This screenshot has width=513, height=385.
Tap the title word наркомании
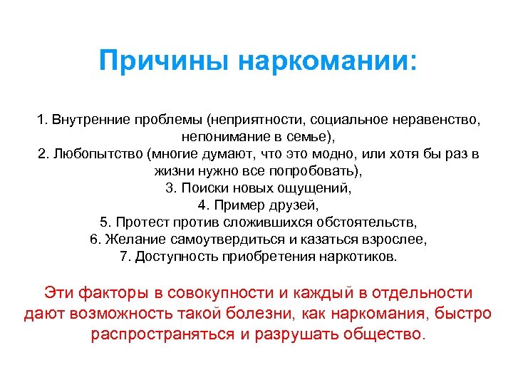tap(325, 60)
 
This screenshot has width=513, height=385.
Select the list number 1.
tap(42, 120)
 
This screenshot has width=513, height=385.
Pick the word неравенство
tap(435, 120)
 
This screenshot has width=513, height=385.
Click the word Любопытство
tap(96, 154)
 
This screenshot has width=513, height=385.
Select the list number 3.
tap(169, 188)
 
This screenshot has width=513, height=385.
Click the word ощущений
tap(318, 188)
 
